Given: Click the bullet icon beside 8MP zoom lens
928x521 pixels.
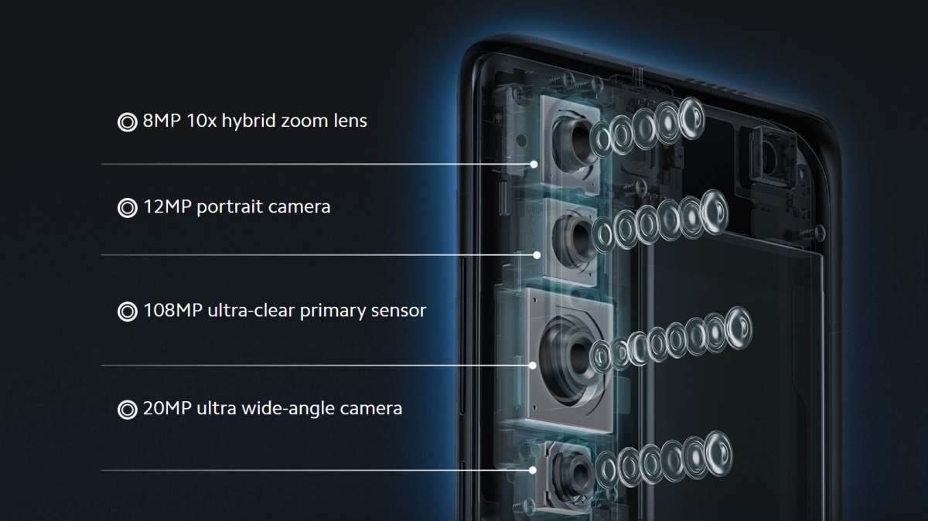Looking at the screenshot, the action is pos(127,122).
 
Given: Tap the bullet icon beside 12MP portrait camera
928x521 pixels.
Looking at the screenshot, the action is pos(127,208).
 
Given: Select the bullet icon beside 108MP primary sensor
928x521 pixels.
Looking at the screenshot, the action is pos(127,312).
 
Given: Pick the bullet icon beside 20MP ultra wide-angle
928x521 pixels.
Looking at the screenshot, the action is pos(127,410).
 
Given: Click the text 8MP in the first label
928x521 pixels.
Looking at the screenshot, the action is pos(162,121).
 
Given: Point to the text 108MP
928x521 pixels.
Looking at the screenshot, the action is pos(172,310).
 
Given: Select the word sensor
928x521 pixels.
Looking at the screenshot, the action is pos(398,311).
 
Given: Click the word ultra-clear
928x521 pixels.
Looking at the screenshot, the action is pos(251,311).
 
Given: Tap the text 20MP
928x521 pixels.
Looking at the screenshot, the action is pos(167,408).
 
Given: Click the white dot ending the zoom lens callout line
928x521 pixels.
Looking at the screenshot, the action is pos(534,165).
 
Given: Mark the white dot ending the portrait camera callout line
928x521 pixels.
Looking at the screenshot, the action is pos(537,255).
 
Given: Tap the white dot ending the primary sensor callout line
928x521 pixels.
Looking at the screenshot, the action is pos(533,366).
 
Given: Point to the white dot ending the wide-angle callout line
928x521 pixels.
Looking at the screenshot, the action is pos(533,470).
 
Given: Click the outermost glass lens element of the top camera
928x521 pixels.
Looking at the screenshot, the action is pos(692,117).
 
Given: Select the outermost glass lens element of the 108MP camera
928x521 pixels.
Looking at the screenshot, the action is pos(739,328).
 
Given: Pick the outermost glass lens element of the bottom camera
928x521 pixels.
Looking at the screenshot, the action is pos(718,453).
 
